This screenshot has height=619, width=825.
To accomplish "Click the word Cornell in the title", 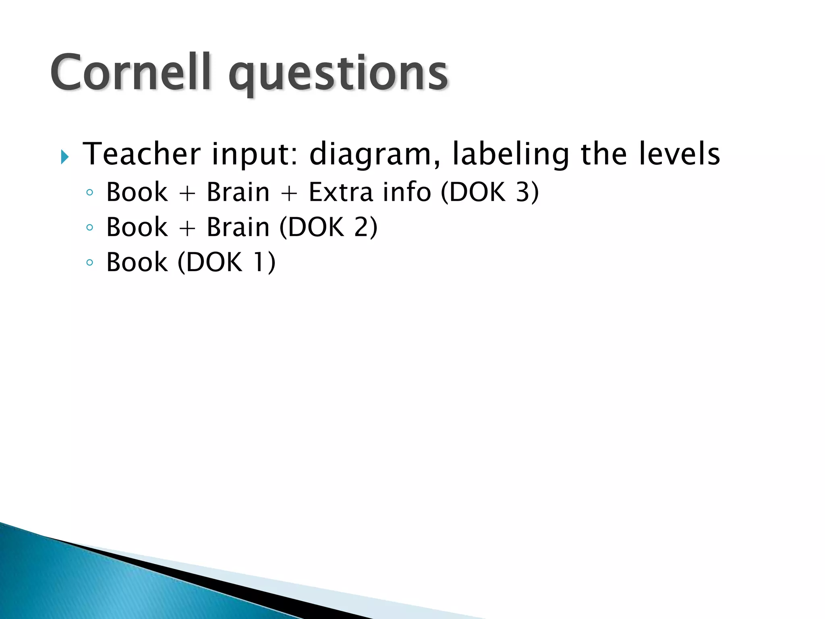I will tap(131, 73).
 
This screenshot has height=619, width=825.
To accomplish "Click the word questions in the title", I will tap(338, 75).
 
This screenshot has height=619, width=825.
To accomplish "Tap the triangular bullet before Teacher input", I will tap(65, 157).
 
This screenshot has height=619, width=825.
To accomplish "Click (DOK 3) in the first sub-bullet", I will tap(490, 192).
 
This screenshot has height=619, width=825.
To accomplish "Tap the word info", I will tap(407, 192).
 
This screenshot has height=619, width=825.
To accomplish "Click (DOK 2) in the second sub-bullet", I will tap(328, 227).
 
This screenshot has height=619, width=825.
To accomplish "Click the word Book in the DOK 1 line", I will tap(137, 262).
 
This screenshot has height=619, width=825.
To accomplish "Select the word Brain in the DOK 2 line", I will tap(238, 227).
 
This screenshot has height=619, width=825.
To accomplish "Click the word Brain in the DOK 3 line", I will tap(238, 192).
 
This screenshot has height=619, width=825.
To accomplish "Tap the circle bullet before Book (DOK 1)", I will tap(89, 263).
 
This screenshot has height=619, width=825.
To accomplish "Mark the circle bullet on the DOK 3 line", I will tap(89, 193).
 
